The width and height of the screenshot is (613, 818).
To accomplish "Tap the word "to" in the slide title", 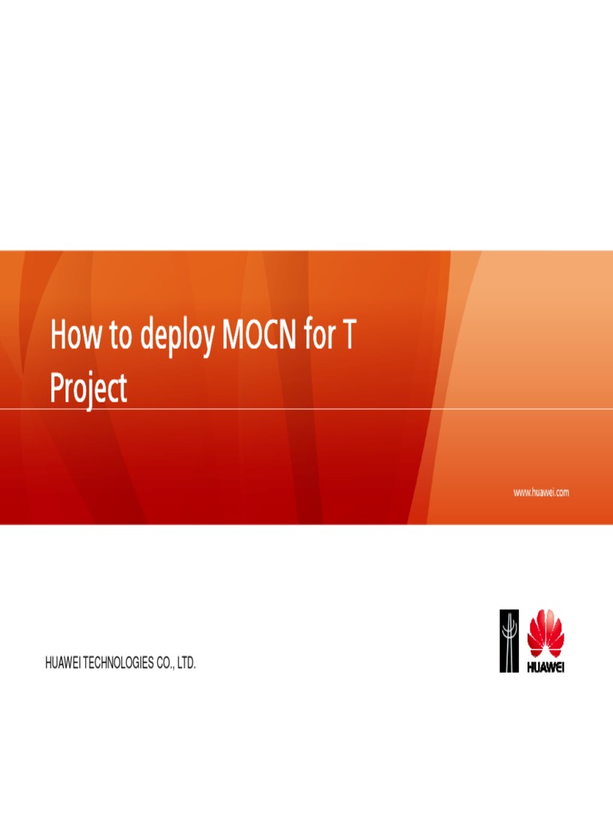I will click(121, 336).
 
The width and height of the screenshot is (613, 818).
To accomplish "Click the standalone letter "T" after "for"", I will click(348, 336).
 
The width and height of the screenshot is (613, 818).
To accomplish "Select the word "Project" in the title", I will click(89, 389).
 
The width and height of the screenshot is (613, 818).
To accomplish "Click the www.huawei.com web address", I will click(540, 493).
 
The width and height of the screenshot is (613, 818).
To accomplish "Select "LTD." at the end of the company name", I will click(186, 663).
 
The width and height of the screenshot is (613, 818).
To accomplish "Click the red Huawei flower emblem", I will click(545, 633).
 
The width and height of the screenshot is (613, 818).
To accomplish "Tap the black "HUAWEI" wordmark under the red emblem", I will click(545, 666).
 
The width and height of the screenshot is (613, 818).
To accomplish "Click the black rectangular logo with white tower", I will click(509, 641).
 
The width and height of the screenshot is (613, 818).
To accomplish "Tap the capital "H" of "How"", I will click(58, 336).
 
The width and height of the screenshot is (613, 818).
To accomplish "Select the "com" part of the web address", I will click(560, 493).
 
